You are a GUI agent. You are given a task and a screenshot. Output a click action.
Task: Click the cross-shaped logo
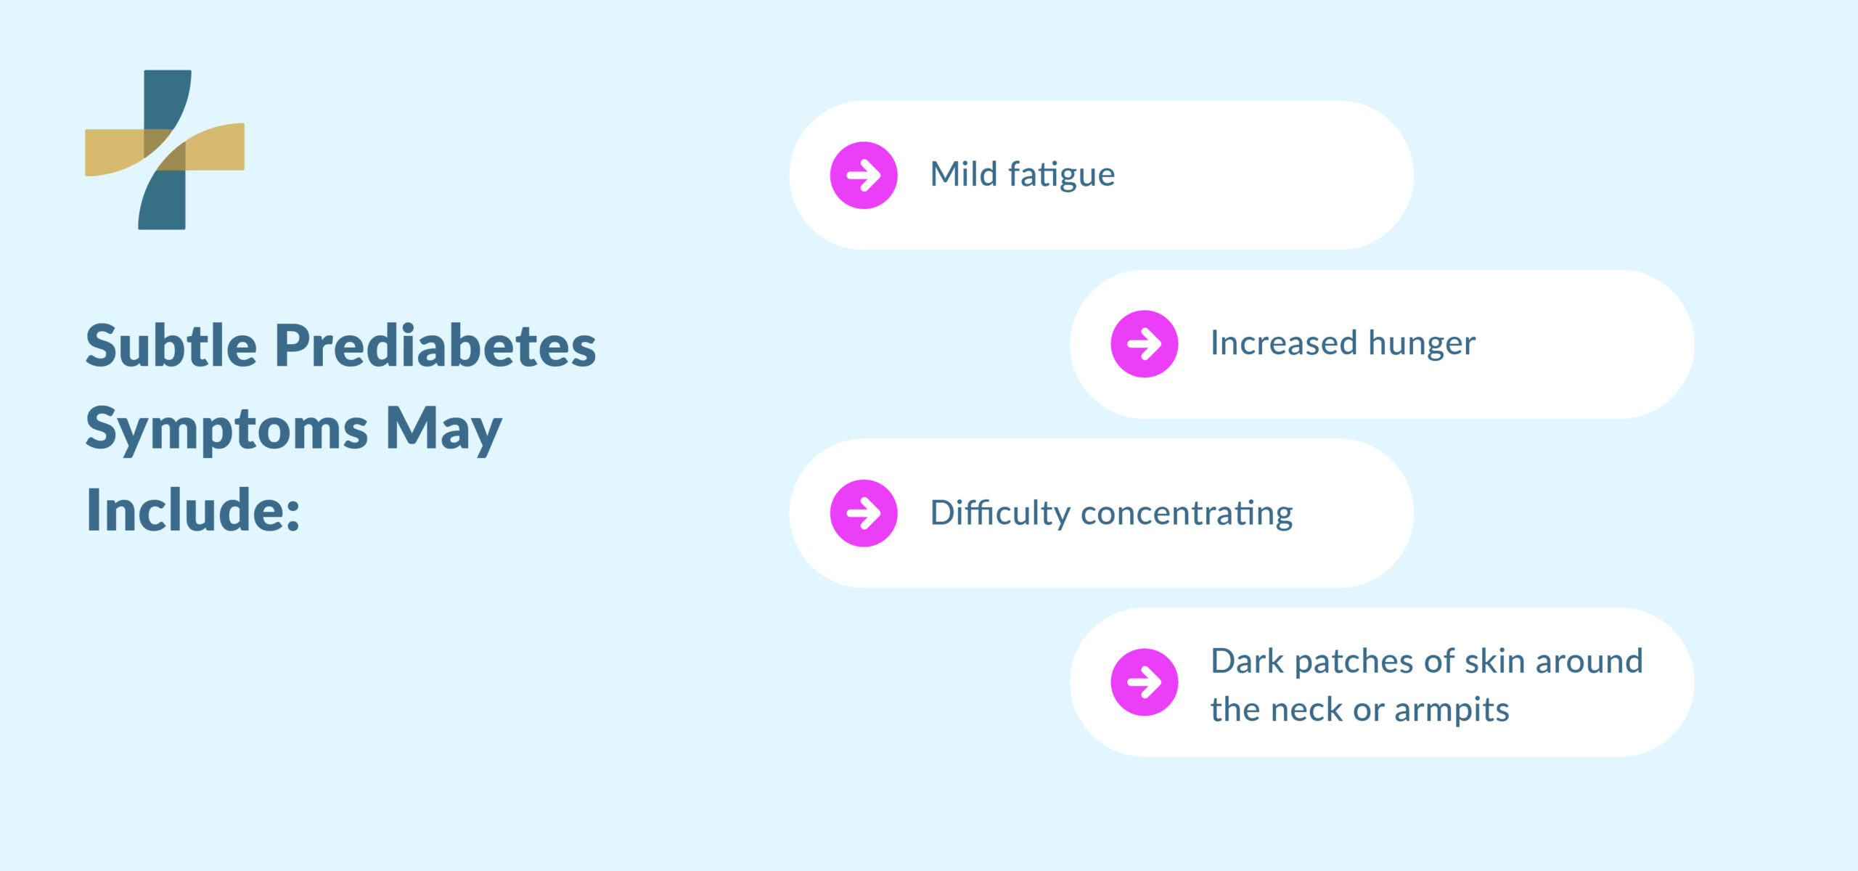tap(165, 150)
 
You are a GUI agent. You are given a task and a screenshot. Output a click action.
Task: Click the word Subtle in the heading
tap(171, 345)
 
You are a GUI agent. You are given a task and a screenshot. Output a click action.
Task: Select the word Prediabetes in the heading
tap(435, 345)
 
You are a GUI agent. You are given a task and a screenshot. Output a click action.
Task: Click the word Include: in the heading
tap(193, 510)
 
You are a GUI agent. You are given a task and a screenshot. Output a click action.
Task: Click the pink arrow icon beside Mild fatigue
tap(864, 175)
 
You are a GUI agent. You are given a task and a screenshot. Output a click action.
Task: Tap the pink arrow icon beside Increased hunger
tap(1144, 344)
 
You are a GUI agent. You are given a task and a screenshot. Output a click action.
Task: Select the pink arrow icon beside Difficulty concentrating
tap(864, 513)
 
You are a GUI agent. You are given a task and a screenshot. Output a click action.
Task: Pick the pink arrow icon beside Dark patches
tap(1144, 682)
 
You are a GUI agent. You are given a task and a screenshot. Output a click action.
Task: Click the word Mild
tap(964, 174)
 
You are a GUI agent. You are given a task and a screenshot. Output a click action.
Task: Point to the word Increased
tap(1283, 343)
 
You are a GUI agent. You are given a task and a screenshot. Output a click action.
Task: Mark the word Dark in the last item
tap(1246, 661)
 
